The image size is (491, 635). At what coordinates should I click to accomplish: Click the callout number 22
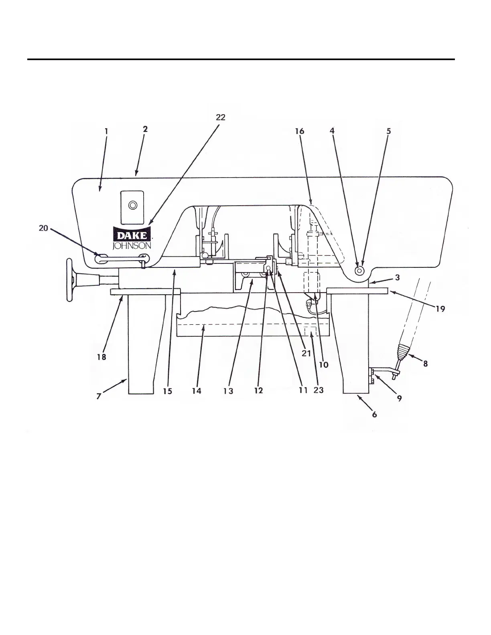221,117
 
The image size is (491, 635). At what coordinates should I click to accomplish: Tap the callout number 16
299,131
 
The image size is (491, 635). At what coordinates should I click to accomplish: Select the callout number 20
43,228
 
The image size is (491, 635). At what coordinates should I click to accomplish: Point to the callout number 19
440,309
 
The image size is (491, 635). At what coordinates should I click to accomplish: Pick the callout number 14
197,391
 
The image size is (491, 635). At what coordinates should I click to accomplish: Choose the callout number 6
374,414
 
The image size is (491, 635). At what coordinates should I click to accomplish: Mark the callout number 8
425,364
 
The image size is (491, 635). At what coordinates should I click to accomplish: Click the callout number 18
101,356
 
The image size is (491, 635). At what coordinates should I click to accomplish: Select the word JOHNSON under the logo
132,245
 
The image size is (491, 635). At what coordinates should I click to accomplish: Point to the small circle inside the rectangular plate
132,206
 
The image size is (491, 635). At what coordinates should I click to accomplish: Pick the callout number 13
228,391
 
